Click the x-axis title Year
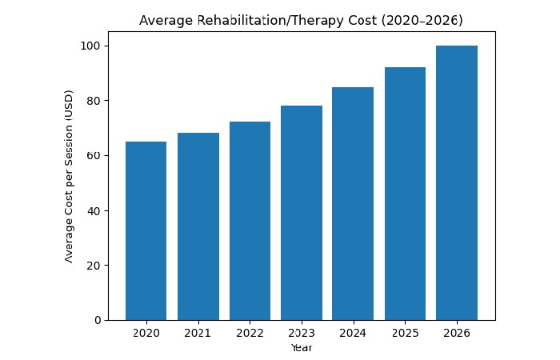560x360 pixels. click(x=301, y=348)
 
